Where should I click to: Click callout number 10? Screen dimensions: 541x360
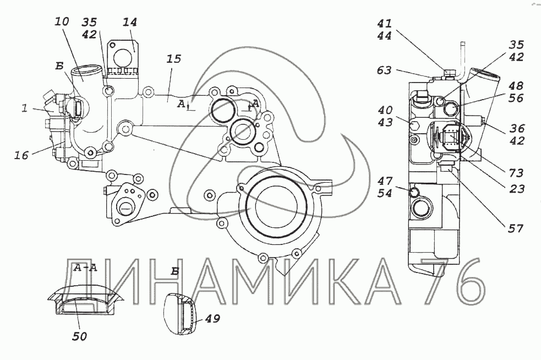62,22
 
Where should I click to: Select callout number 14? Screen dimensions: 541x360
130,23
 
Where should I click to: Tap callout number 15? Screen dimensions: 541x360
173,59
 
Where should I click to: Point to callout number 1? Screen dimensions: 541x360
24,108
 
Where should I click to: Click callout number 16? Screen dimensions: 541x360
21,155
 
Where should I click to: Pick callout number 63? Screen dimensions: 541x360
384,70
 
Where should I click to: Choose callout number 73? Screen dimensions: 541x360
516,173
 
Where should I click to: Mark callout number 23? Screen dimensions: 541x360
517,189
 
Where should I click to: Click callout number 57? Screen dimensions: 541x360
516,228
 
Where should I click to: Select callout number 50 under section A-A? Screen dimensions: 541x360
79,336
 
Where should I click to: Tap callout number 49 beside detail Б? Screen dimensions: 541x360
212,318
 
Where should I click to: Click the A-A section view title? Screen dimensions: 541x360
85,268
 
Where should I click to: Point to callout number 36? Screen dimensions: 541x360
517,128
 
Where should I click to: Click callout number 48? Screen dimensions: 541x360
516,86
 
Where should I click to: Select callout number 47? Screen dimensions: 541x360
385,181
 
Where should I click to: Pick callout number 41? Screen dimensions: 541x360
384,24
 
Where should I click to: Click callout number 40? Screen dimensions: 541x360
385,110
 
